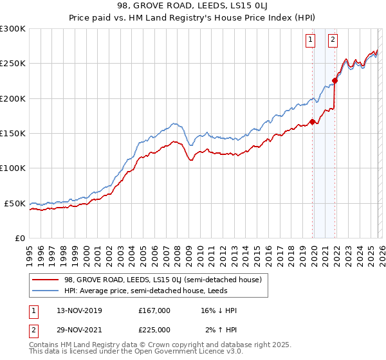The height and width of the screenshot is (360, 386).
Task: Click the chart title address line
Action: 193,6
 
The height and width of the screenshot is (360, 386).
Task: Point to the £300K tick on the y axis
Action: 13,29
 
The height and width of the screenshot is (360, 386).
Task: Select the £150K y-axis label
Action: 13,134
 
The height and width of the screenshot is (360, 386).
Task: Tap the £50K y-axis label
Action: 15,203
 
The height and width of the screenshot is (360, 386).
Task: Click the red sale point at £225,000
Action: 335,81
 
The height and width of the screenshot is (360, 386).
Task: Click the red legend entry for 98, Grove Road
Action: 162,280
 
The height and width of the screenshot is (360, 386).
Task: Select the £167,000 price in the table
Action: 154,310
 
